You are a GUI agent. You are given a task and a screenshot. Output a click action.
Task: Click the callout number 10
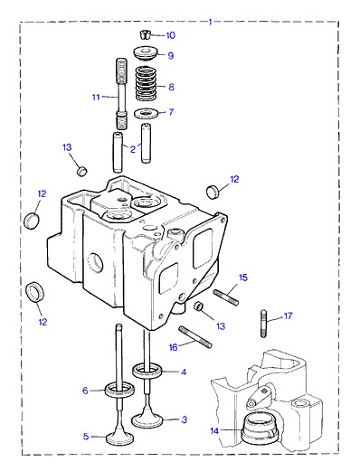click(171, 35)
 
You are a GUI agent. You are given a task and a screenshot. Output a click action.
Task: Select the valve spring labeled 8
click(147, 83)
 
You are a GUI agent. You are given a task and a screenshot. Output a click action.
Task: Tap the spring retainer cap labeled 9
click(145, 53)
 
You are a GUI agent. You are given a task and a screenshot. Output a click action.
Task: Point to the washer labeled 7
click(146, 113)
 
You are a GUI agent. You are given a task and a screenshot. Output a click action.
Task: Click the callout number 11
click(96, 97)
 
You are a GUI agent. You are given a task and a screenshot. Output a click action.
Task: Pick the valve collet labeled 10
click(145, 34)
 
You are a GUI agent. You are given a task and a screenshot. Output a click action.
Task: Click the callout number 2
click(133, 149)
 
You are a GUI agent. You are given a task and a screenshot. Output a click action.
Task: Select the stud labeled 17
click(263, 324)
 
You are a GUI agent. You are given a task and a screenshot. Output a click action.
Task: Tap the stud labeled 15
click(226, 297)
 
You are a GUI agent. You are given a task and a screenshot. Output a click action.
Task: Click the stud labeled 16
click(195, 337)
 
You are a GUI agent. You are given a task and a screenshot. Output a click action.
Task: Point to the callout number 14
click(214, 431)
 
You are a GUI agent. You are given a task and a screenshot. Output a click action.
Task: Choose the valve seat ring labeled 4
click(147, 371)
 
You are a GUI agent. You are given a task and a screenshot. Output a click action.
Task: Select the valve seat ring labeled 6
click(119, 391)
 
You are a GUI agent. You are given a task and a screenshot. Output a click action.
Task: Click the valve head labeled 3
click(147, 420)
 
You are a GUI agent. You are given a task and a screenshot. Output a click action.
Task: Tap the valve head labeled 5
click(119, 438)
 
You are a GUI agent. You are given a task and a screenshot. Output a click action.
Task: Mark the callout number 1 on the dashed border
click(211, 22)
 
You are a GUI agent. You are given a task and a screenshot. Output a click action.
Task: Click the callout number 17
click(288, 316)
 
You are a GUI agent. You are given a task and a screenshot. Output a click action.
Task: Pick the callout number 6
click(85, 391)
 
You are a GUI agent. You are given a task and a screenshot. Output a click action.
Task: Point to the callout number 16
click(174, 347)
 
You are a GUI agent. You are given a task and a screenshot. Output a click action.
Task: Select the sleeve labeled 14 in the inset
click(258, 429)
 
